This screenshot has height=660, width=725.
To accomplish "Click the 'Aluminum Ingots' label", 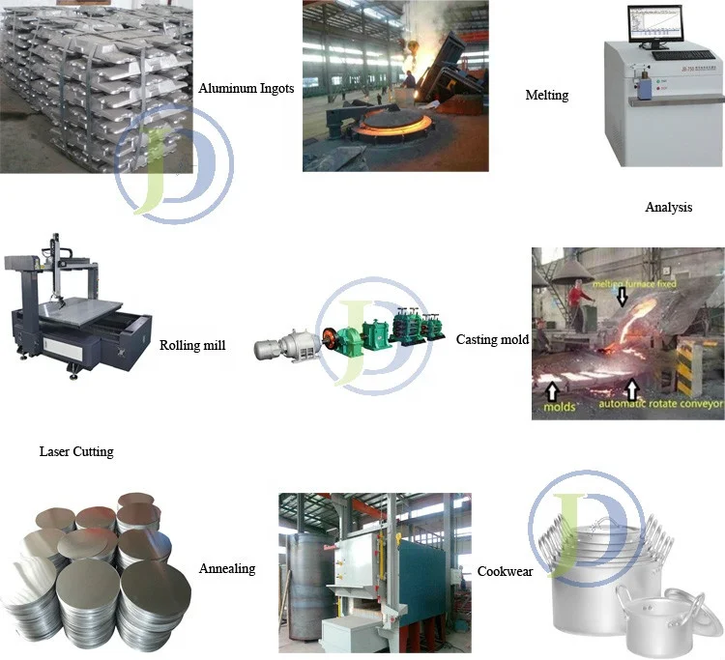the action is [246, 89].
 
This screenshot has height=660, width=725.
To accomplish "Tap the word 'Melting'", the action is [546, 95].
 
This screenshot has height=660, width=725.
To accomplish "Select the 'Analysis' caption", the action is [668, 207].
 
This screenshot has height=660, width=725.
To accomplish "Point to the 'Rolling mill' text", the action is [192, 344].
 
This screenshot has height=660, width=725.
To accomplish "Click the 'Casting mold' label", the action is [492, 339].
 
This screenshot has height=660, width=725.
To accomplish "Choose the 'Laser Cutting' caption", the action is [75, 451].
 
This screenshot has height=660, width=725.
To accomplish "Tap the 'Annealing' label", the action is [227, 568].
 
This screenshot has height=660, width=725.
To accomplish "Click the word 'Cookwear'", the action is [505, 571].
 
